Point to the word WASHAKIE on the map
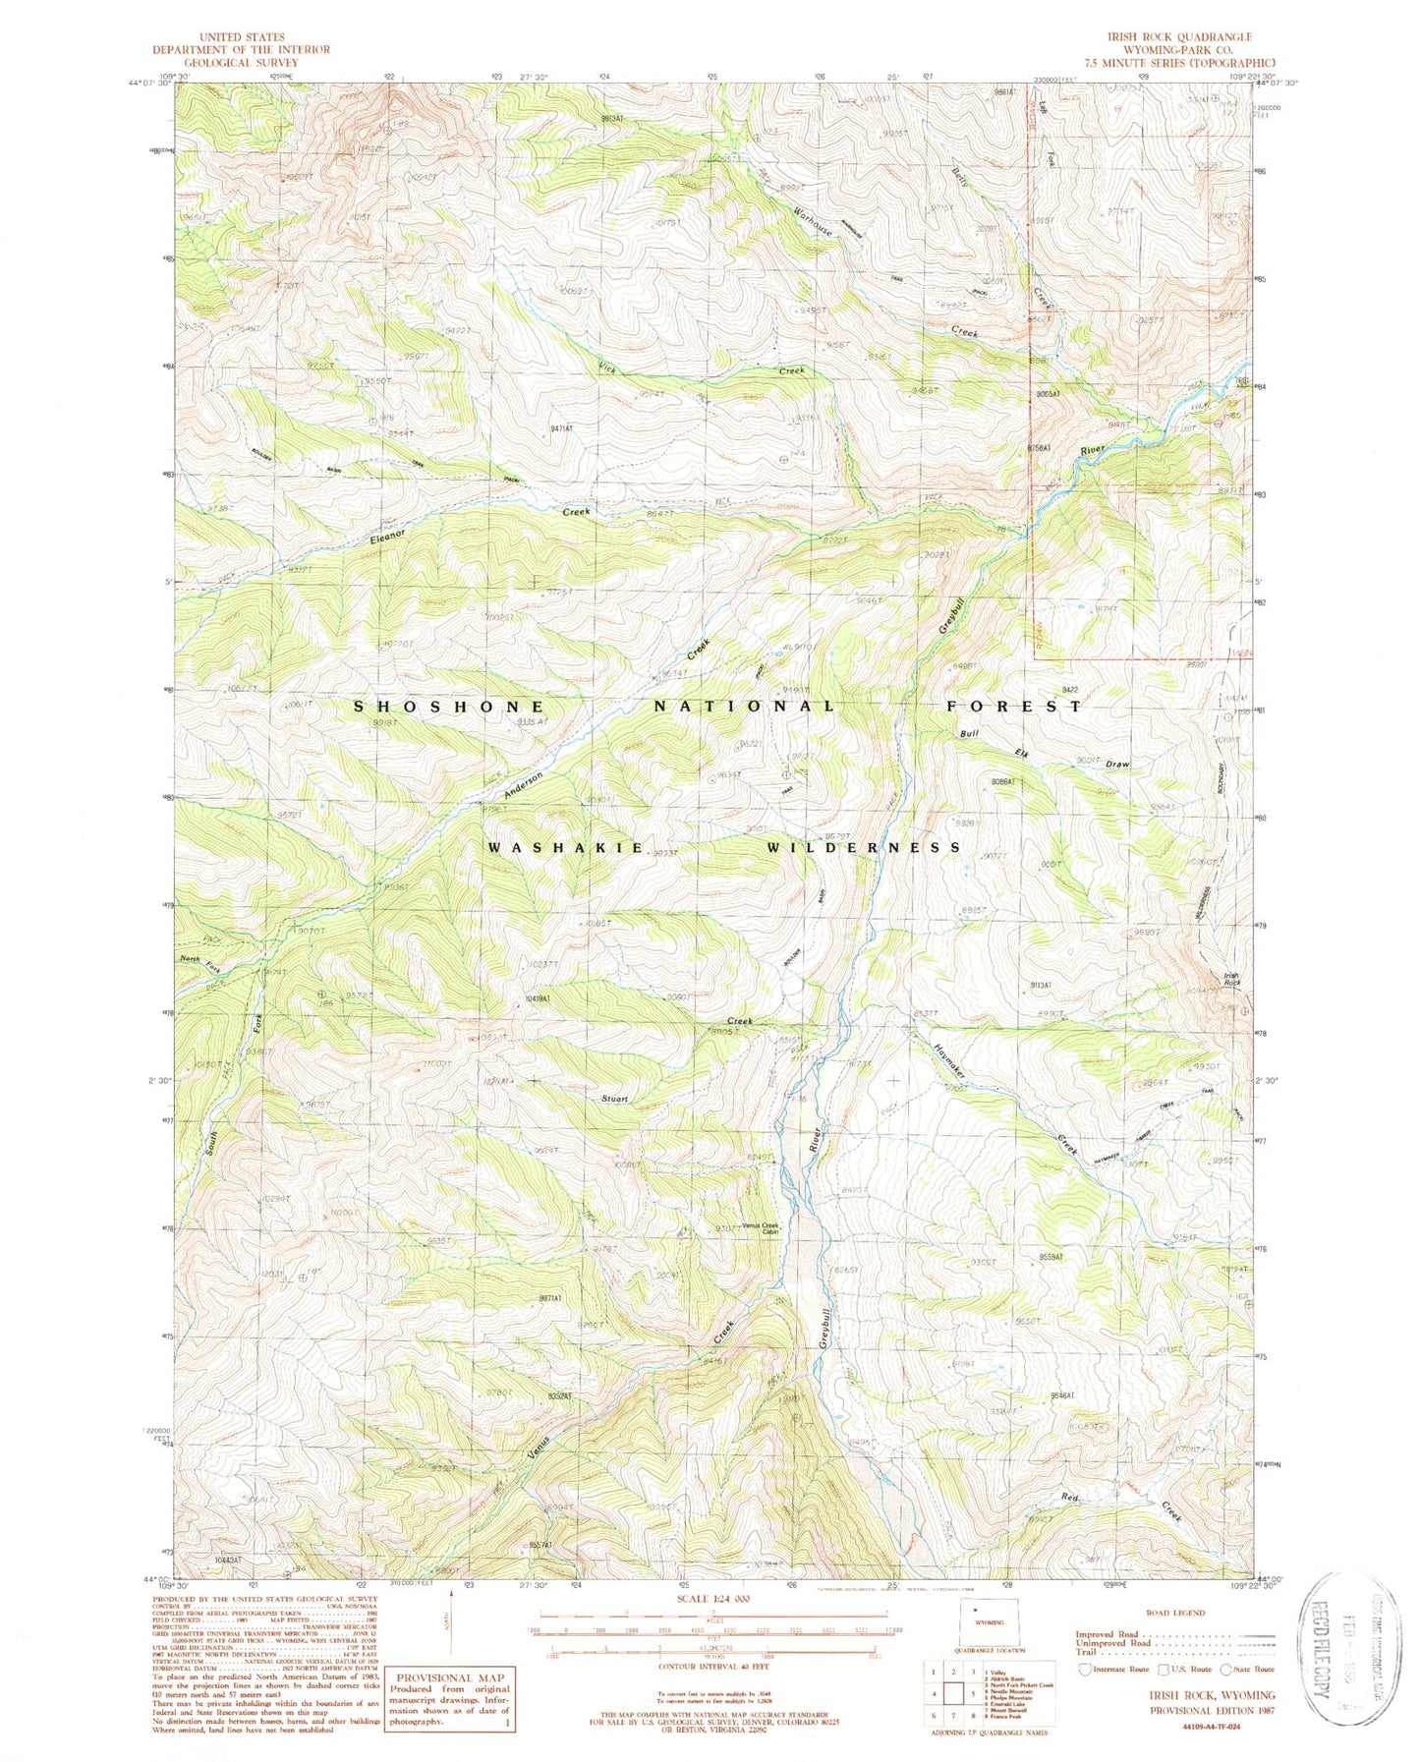[564, 847]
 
